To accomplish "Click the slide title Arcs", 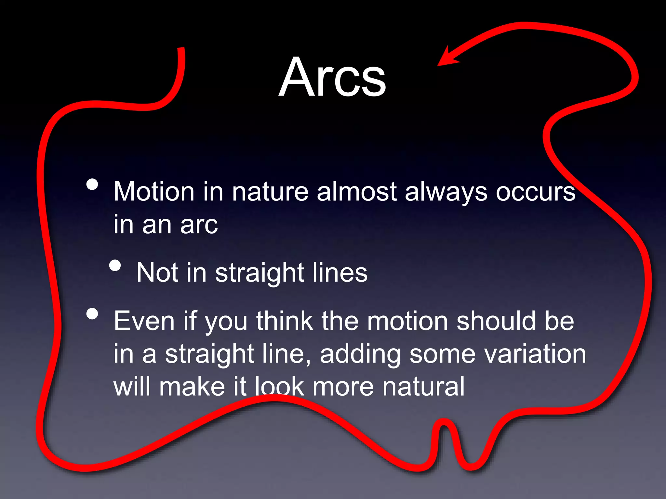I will point(332,77).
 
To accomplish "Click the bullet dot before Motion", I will point(92,185).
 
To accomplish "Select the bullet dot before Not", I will point(115,265).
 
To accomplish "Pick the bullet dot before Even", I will point(92,314).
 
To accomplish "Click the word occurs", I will point(535,192).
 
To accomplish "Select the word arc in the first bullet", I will point(199,225).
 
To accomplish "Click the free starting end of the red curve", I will point(181,49).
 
